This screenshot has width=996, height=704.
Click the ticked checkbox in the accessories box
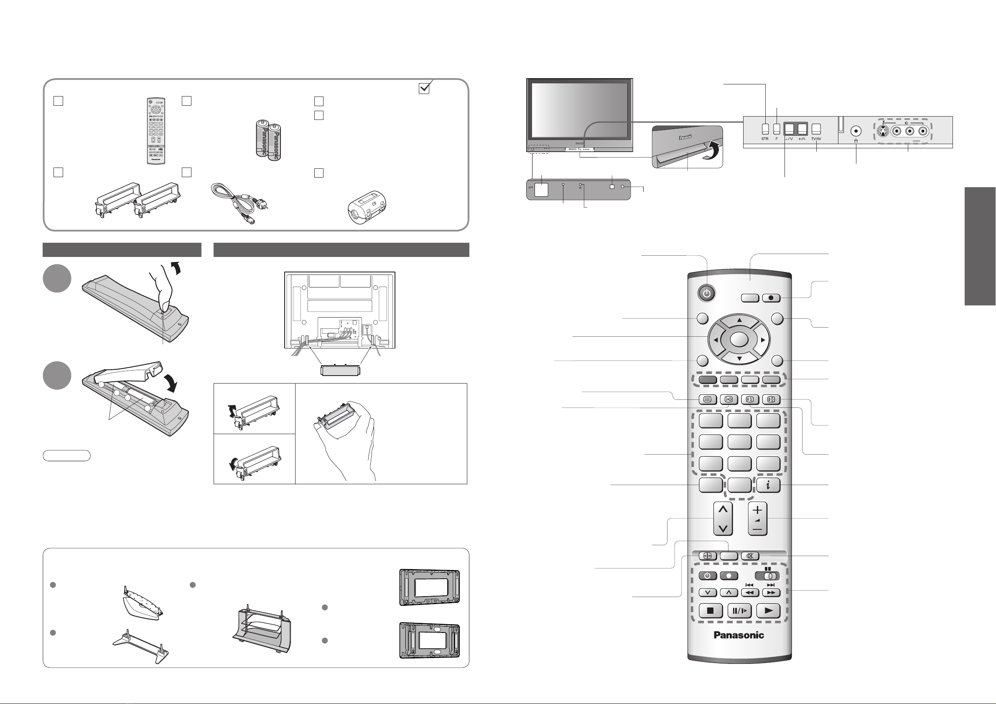point(424,88)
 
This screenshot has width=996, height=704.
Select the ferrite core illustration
point(367,207)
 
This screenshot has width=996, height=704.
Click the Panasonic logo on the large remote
point(739,635)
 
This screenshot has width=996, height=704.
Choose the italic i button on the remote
point(768,485)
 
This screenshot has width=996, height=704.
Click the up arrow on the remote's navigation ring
point(739,321)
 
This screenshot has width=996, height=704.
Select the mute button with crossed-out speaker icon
point(750,556)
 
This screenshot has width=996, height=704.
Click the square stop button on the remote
point(710,611)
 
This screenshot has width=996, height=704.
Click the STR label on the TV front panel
point(764,139)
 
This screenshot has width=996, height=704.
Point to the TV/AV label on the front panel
point(816,139)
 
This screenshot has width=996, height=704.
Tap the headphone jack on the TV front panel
point(856,130)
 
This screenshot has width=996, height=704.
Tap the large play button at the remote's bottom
point(768,611)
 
